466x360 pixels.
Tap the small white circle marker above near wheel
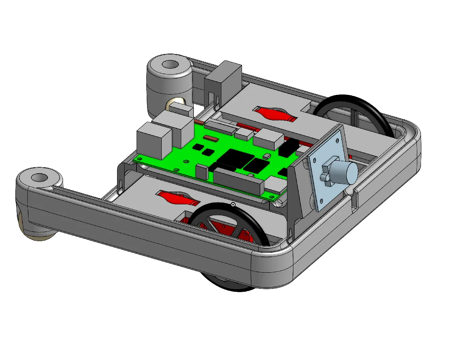click(x=233, y=204)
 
